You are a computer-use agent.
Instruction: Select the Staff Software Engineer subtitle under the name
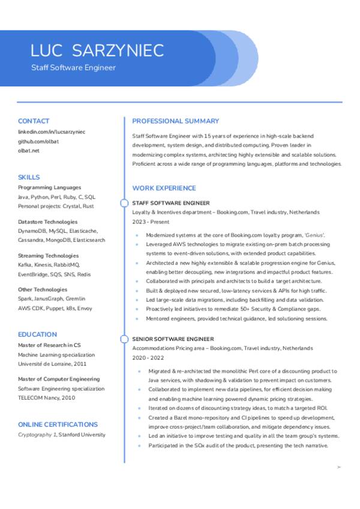click(x=73, y=68)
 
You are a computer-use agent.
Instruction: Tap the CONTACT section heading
click(x=34, y=121)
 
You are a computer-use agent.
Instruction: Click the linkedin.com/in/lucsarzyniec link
click(x=52, y=131)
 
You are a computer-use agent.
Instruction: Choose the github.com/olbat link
click(x=38, y=141)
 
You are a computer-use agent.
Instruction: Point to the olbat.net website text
click(x=29, y=151)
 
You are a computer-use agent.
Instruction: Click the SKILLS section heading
click(x=29, y=177)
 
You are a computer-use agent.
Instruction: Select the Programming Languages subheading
click(x=49, y=187)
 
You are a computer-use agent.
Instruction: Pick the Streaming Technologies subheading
click(x=49, y=256)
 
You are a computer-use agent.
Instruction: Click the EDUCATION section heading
click(x=37, y=334)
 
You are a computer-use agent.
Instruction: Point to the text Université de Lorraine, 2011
click(x=52, y=364)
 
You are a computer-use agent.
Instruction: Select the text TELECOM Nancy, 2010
click(x=46, y=397)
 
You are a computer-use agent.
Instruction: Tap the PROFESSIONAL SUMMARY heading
click(x=175, y=121)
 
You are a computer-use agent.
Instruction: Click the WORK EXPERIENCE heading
click(x=164, y=188)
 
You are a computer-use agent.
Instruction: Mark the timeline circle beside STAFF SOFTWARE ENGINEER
click(x=124, y=203)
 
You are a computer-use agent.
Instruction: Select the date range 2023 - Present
click(x=151, y=221)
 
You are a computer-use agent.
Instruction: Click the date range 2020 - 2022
click(x=147, y=357)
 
